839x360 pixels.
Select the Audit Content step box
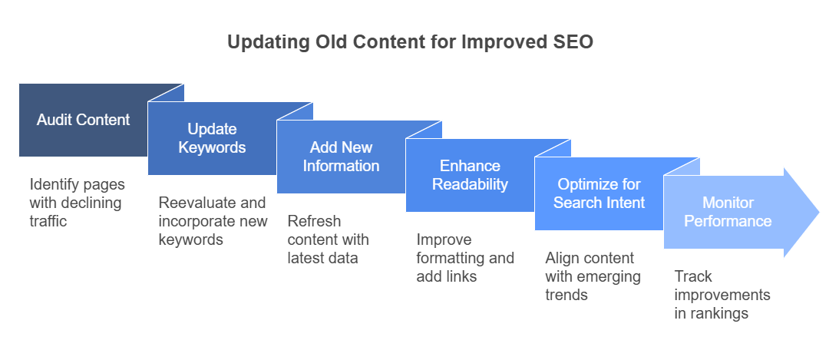pos(84,120)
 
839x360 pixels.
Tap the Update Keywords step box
pos(212,138)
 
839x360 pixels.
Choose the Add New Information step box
pos(341,157)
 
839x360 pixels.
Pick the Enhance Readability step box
pos(470,175)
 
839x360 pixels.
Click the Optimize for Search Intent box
pos(599,193)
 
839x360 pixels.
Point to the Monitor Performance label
pos(728,212)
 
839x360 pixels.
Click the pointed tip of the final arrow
pos(819,213)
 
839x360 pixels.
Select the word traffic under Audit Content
pos(48,221)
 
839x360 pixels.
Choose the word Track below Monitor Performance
pos(693,276)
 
